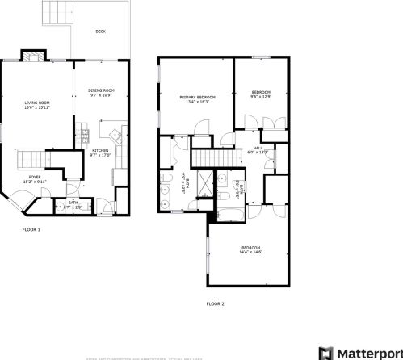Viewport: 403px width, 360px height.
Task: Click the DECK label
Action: pyautogui.click(x=100, y=31)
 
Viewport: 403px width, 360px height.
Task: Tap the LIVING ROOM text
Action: pyautogui.click(x=37, y=103)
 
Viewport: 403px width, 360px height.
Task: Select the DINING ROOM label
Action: pyautogui.click(x=101, y=90)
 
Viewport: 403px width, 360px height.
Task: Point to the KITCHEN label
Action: pyautogui.click(x=100, y=151)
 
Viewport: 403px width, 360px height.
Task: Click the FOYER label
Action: pyautogui.click(x=35, y=176)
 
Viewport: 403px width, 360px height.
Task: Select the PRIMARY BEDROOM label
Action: pyautogui.click(x=197, y=98)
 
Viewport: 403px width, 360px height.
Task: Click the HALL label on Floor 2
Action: pyautogui.click(x=258, y=149)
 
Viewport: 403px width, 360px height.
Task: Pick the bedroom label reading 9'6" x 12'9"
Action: pyautogui.click(x=260, y=93)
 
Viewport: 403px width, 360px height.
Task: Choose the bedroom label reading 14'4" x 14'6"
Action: pyautogui.click(x=250, y=248)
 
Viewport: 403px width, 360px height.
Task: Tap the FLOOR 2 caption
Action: pyautogui.click(x=215, y=304)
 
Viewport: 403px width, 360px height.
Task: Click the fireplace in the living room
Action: pyautogui.click(x=34, y=57)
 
